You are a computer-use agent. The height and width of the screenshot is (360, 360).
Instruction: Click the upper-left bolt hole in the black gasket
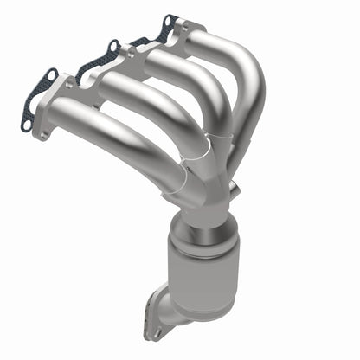[50, 75]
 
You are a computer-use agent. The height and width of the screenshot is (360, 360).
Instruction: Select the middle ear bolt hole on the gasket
[112, 45]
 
